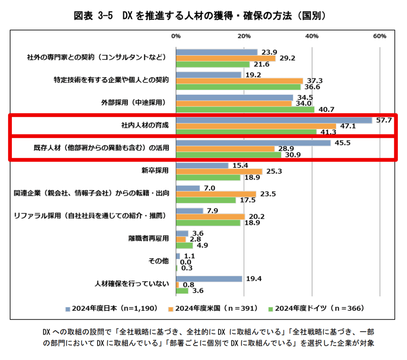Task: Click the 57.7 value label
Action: [384, 120]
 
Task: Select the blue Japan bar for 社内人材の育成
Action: [274, 120]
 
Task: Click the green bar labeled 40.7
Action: [245, 109]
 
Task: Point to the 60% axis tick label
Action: [380, 36]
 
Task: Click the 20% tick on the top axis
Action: [244, 36]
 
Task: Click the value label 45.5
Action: [342, 143]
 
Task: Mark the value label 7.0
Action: [210, 188]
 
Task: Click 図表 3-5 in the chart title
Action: [92, 15]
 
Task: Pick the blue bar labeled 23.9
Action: [217, 52]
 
